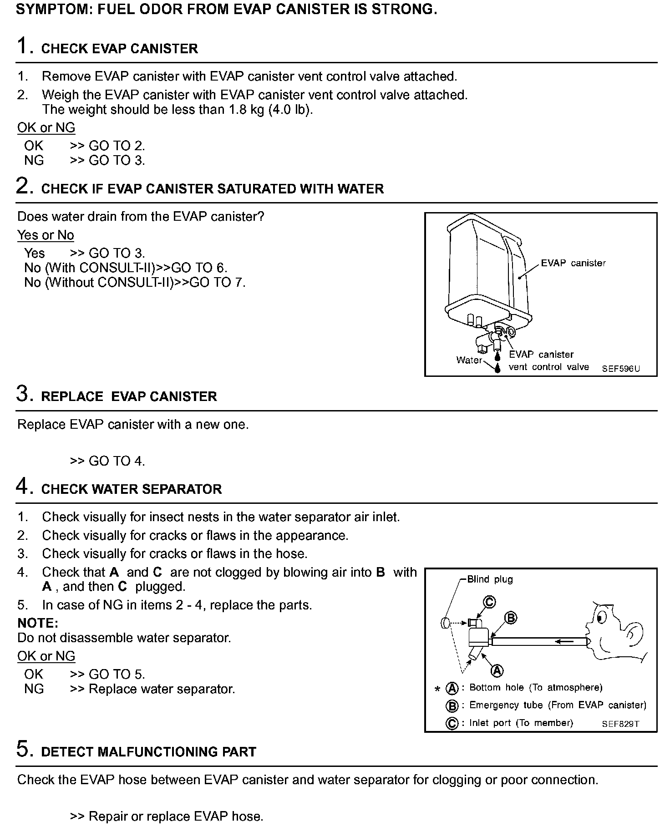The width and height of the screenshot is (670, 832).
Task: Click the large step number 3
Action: pyautogui.click(x=23, y=394)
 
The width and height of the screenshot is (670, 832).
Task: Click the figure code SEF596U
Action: pyautogui.click(x=620, y=369)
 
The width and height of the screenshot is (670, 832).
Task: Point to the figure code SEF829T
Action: pyautogui.click(x=620, y=724)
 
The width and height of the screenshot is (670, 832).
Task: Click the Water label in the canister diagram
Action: pyautogui.click(x=469, y=360)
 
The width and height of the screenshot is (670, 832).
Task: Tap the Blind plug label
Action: pyautogui.click(x=490, y=579)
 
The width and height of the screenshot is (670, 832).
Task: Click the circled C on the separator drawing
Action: pyautogui.click(x=489, y=602)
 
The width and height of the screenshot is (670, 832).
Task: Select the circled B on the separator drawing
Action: pyautogui.click(x=511, y=618)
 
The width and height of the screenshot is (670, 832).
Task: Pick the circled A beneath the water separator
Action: pyautogui.click(x=497, y=670)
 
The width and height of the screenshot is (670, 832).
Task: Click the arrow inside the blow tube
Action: pyautogui.click(x=563, y=641)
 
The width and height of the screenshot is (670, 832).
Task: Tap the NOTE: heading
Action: pyautogui.click(x=38, y=623)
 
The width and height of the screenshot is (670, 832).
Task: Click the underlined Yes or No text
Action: pyautogui.click(x=46, y=235)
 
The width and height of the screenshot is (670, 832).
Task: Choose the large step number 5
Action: pyautogui.click(x=23, y=749)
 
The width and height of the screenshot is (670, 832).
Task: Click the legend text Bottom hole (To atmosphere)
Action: pyautogui.click(x=536, y=688)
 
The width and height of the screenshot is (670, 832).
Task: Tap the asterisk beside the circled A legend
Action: pyautogui.click(x=437, y=689)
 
